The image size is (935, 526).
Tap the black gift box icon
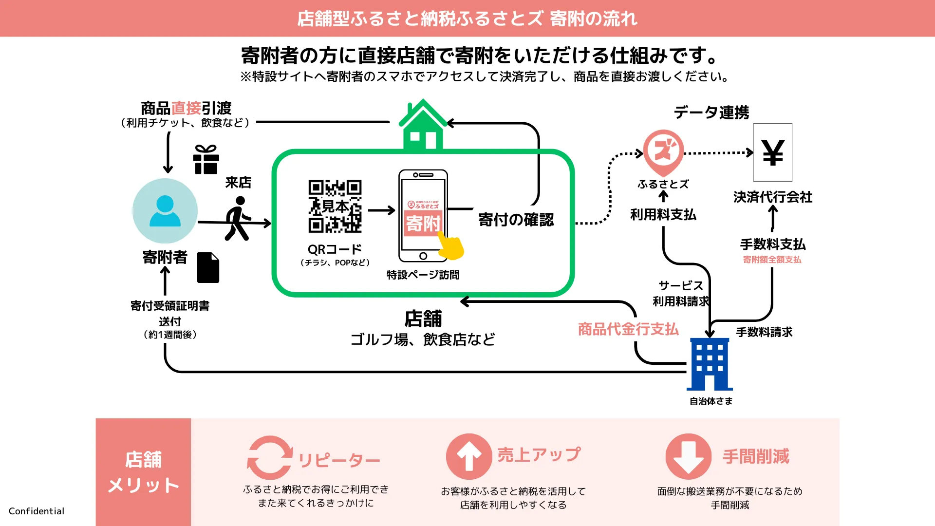[206, 160]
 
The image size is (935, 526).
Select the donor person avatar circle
[165, 211]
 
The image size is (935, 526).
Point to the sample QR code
[335, 206]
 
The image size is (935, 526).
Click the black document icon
[208, 267]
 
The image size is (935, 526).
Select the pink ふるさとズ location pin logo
[663, 152]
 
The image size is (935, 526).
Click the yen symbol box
[772, 152]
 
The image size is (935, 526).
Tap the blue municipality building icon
[710, 364]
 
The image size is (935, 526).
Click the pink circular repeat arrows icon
[269, 458]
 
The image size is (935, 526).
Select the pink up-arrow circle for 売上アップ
[469, 457]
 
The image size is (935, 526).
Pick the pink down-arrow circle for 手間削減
[688, 457]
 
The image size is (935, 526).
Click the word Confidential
[37, 511]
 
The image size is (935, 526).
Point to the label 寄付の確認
[516, 220]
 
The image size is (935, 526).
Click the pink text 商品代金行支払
[628, 329]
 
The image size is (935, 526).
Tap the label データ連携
[711, 113]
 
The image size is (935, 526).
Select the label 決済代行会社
[772, 197]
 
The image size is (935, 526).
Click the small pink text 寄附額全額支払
[772, 260]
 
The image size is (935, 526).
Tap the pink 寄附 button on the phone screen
[423, 224]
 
